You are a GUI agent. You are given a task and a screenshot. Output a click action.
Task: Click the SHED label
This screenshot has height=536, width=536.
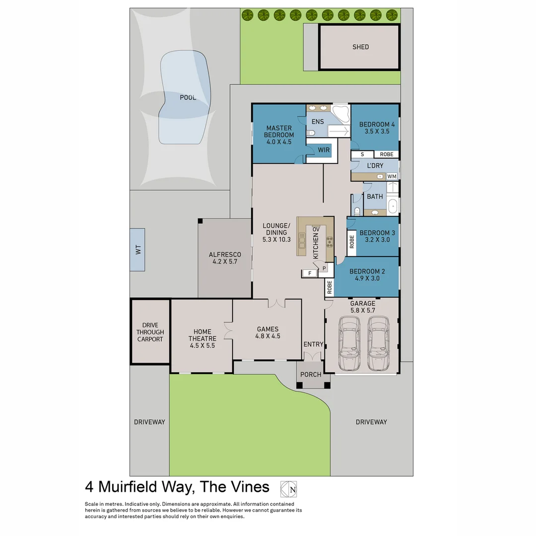click(361, 47)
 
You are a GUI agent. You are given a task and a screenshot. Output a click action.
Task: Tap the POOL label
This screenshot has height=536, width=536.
click(188, 98)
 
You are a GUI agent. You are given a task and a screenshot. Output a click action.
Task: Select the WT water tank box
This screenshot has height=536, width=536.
click(137, 250)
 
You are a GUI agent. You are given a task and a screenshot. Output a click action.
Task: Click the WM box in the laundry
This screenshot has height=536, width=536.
click(392, 176)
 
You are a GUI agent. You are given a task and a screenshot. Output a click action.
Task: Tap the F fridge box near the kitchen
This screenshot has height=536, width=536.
click(310, 273)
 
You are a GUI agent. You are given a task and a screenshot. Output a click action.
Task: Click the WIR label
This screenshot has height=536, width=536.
click(324, 149)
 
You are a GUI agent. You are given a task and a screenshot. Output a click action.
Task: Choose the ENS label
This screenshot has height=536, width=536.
click(318, 122)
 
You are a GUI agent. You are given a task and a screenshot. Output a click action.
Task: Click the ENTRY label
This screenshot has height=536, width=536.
click(313, 344)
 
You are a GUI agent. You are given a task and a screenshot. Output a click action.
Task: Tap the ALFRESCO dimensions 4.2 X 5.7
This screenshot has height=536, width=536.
click(224, 262)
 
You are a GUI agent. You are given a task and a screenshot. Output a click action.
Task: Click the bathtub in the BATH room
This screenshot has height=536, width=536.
click(393, 204)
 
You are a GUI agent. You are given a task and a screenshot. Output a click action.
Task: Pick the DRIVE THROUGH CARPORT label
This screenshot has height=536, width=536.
click(150, 332)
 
